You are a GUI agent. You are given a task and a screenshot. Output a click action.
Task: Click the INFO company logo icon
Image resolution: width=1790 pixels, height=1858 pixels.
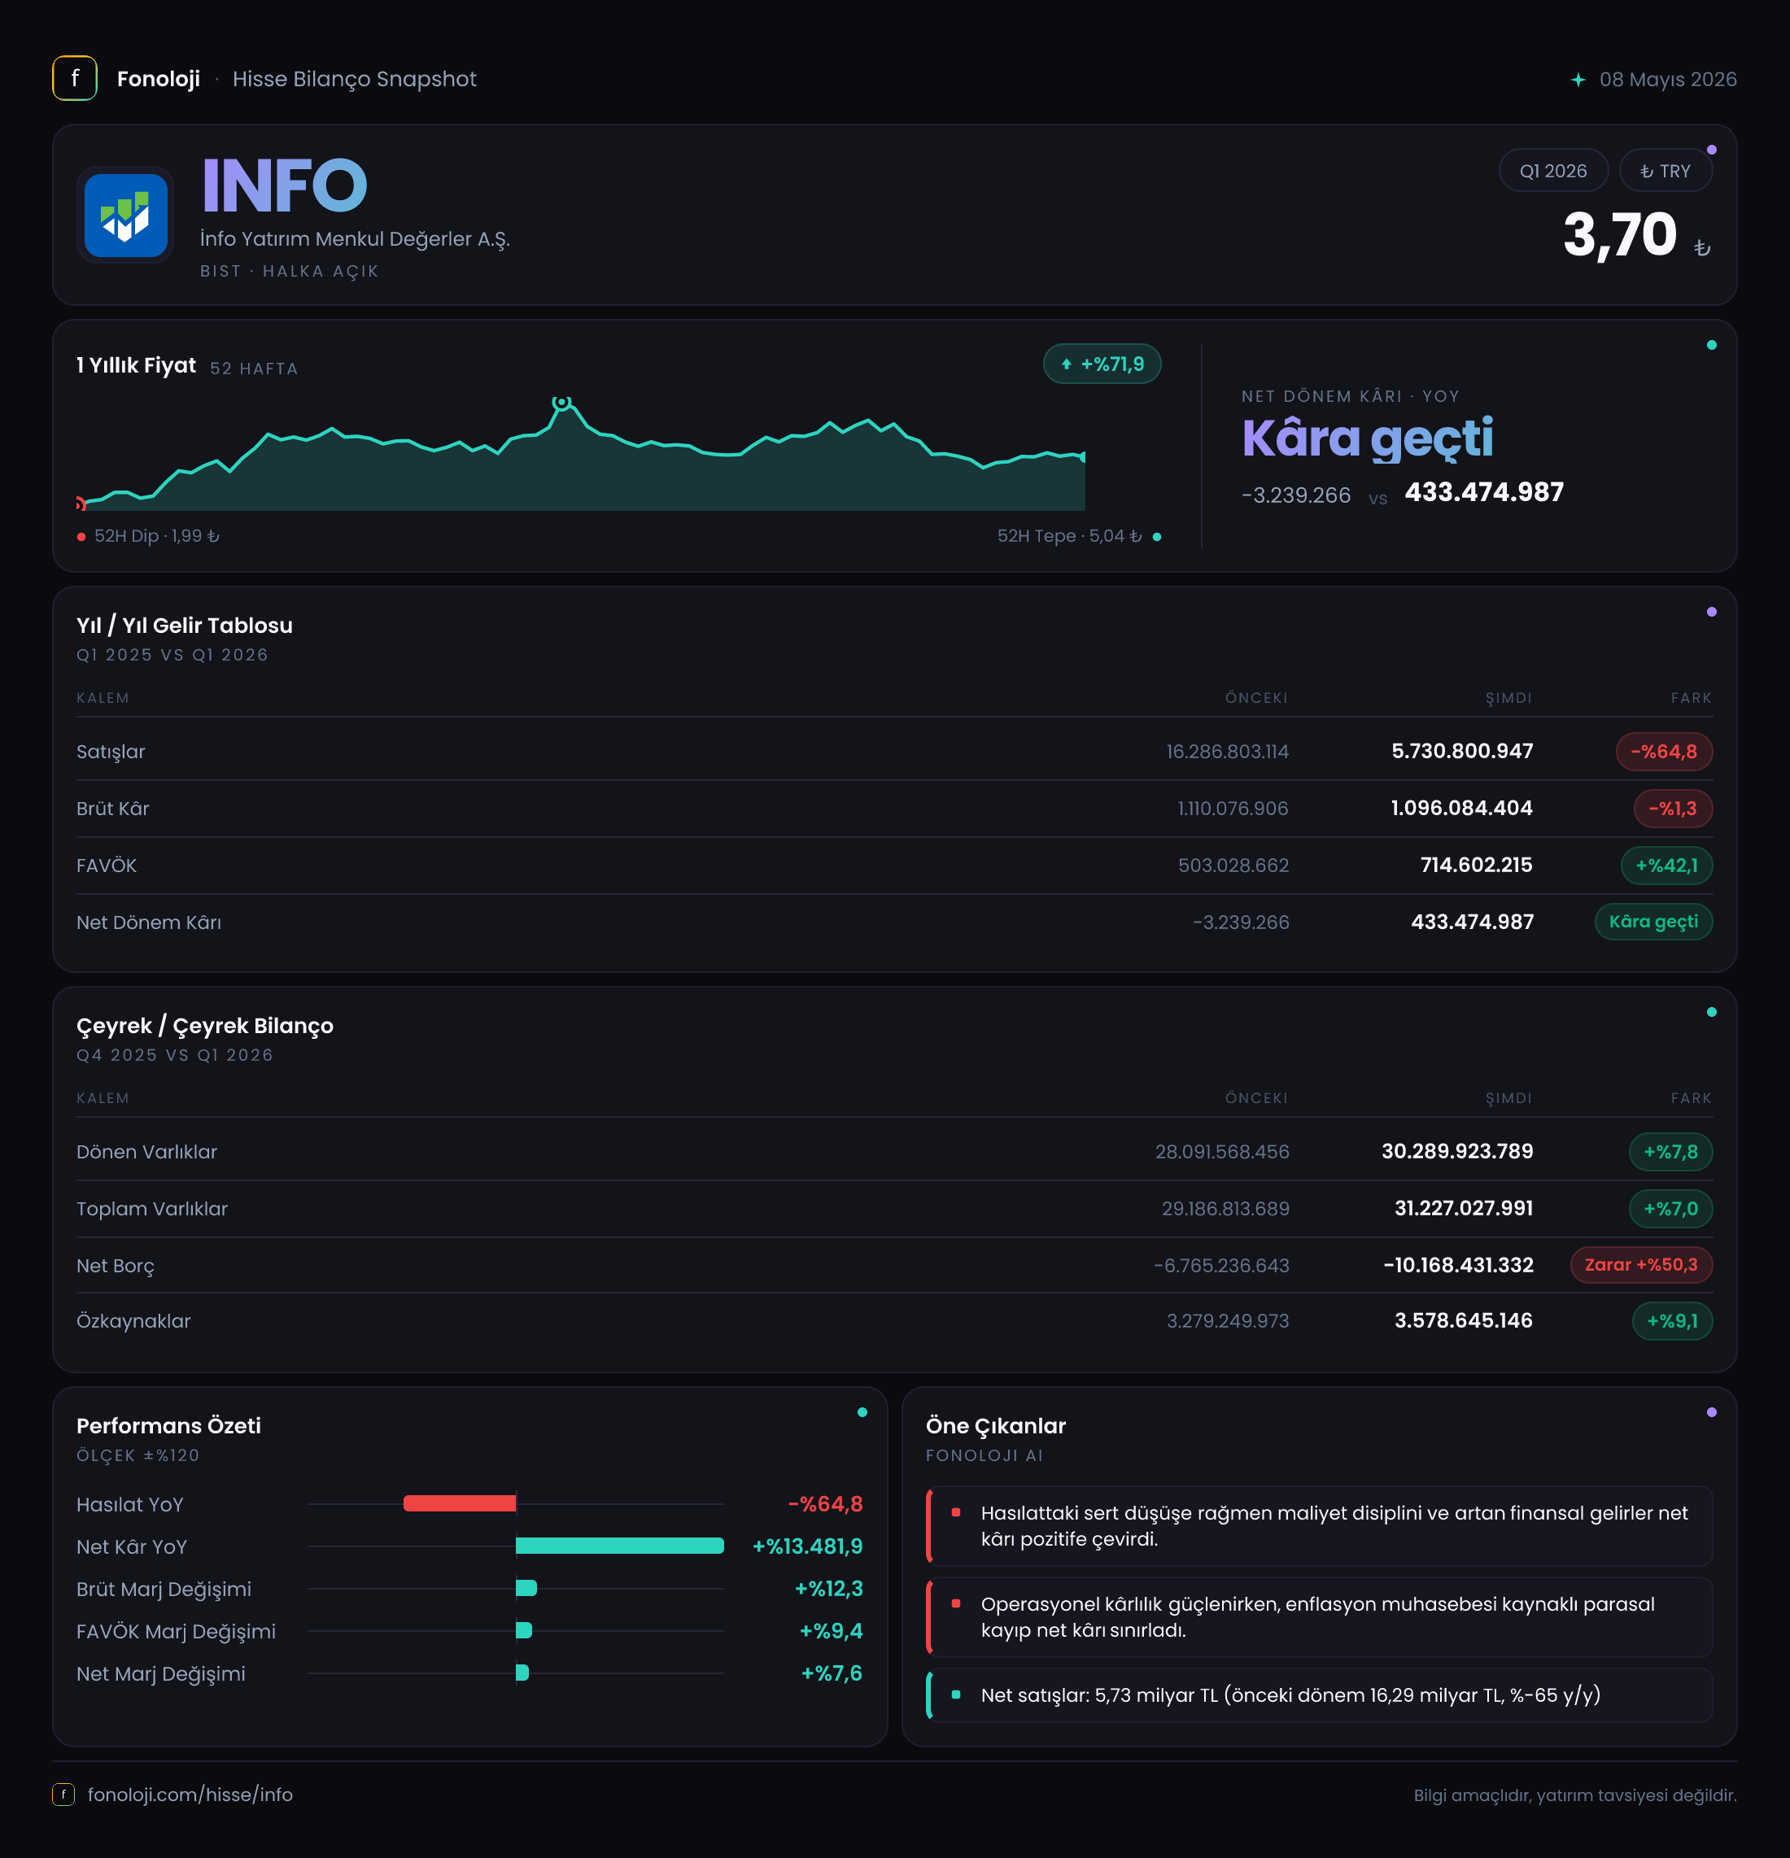coord(125,216)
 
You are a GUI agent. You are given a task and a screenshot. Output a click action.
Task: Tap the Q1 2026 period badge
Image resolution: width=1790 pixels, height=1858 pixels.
coord(1553,171)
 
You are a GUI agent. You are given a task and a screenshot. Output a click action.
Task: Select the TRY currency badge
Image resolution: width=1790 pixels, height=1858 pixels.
coord(1665,171)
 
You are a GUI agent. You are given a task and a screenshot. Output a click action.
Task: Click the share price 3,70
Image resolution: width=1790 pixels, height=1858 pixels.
coord(1619,235)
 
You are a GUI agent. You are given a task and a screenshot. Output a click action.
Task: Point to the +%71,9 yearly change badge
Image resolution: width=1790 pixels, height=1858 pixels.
coord(1102,364)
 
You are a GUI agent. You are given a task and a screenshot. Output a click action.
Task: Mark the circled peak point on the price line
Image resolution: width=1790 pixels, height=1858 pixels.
coord(561,402)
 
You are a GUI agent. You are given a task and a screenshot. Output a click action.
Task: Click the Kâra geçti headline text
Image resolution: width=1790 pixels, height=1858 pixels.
coord(1367,438)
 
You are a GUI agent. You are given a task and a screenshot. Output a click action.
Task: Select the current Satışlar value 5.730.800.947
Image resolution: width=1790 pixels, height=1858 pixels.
coord(1462,752)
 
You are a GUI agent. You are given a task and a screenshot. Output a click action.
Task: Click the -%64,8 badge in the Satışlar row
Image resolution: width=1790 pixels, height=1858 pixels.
coord(1664,752)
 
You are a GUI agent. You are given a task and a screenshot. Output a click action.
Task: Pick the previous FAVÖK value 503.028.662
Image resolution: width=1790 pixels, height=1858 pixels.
coord(1233,866)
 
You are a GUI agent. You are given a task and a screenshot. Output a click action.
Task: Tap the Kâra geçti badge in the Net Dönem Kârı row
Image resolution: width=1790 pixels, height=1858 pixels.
coord(1653,922)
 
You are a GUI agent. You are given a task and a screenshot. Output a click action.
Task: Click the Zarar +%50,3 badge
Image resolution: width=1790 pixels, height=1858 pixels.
coord(1641,1265)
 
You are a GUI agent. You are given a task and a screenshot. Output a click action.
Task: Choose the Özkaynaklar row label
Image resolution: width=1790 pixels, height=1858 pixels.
coord(133,1321)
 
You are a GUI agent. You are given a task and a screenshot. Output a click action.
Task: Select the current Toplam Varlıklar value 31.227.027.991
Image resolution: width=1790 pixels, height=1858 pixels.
coord(1464,1209)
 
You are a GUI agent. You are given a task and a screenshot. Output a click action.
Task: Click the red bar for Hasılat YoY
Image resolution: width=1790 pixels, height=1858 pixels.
coord(460,1503)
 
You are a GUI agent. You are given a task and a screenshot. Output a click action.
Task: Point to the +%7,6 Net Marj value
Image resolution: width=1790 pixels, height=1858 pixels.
coord(832,1673)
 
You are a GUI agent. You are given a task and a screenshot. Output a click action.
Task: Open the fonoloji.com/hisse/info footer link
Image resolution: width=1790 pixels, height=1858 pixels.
coord(190,1795)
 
